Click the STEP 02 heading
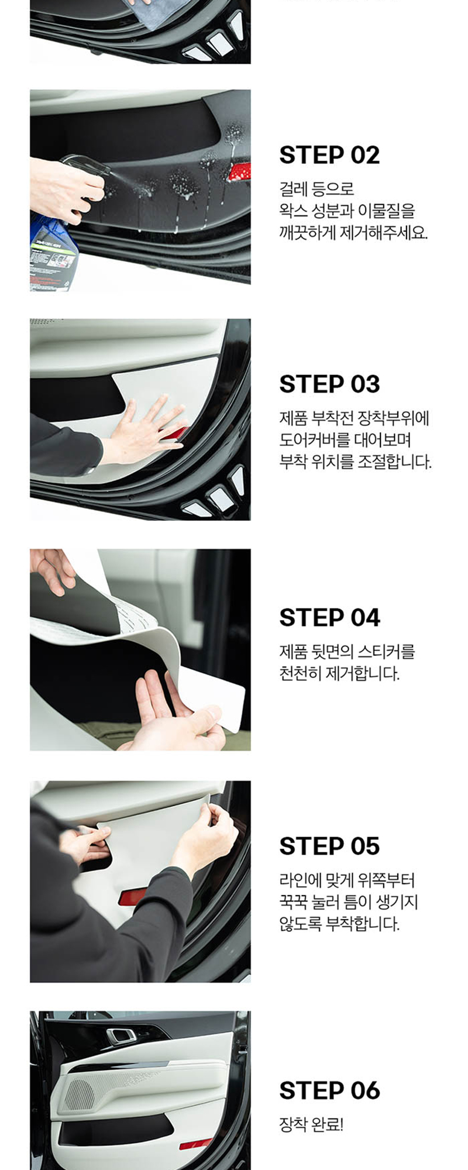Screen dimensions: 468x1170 [x=329, y=155]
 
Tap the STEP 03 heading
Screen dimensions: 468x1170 [x=329, y=384]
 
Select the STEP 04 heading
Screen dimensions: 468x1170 [x=329, y=618]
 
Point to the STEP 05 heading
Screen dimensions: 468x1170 [x=329, y=846]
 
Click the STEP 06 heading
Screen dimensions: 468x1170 [x=329, y=1090]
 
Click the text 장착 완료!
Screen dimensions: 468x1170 [x=311, y=1124]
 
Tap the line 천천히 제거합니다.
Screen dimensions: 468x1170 [x=339, y=673]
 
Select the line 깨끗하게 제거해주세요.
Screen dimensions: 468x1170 [x=353, y=232]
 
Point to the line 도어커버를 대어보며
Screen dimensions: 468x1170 [x=345, y=440]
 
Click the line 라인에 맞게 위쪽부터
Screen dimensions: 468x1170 [x=347, y=880]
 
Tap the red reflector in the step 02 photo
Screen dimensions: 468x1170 [x=239, y=172]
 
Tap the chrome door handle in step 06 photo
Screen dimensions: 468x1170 [x=121, y=1036]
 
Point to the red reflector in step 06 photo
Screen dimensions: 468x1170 [x=195, y=1144]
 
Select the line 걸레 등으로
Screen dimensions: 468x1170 [x=316, y=189]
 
